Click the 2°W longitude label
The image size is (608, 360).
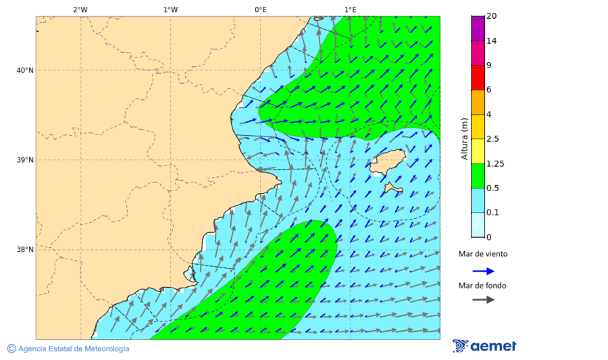tap(80, 9)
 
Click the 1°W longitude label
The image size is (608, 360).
tap(170, 9)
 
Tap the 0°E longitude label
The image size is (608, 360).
tap(260, 9)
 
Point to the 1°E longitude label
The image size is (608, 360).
tap(350, 9)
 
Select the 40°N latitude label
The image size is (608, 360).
tap(25, 70)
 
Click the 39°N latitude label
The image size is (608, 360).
tap(25, 160)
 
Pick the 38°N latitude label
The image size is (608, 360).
tap(25, 250)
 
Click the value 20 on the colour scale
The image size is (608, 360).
tap(492, 16)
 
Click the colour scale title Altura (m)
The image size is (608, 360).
tap(464, 138)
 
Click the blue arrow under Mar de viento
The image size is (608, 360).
tap(483, 271)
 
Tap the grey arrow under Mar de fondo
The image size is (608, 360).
tap(483, 300)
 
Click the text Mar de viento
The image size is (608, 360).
tap(482, 254)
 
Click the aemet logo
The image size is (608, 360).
tap(484, 346)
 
